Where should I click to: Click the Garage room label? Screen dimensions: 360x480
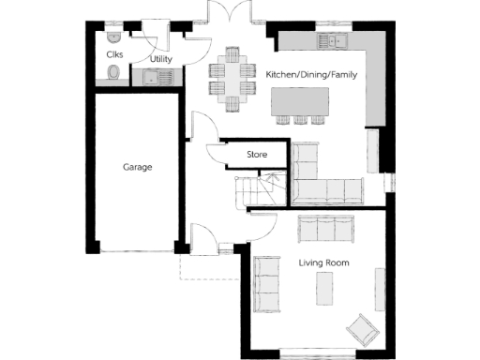tap(137, 167)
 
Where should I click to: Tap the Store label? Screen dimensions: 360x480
tap(257, 154)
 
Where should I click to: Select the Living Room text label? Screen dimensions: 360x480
tap(324, 263)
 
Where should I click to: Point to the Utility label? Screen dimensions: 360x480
tap(160, 59)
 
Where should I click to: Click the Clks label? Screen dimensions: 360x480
tap(114, 53)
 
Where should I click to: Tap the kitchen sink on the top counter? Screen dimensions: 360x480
tap(330, 40)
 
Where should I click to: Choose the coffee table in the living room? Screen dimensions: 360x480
tap(325, 290)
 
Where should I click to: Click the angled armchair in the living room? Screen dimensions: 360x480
tap(361, 329)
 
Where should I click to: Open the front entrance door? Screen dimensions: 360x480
tap(202, 238)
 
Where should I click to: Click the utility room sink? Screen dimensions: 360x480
tap(167, 77)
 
